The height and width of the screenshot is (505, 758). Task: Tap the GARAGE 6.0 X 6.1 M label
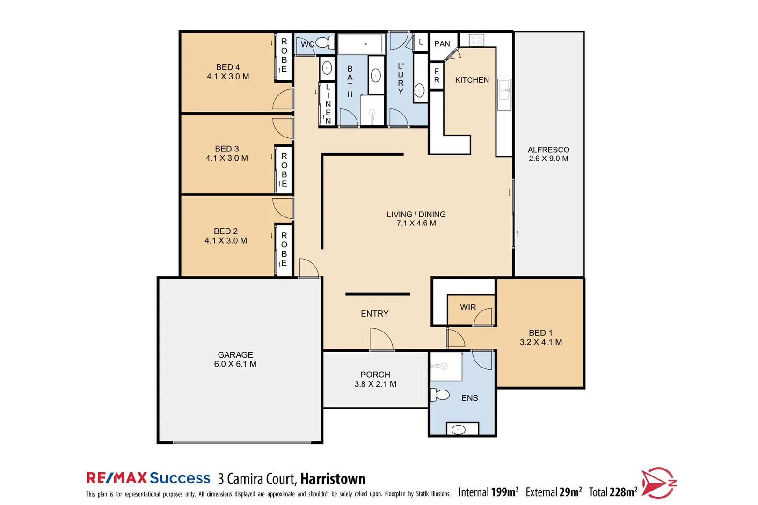(235, 359)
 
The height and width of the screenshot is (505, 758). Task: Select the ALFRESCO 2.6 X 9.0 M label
(548, 154)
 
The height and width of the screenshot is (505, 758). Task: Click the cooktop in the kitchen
(476, 40)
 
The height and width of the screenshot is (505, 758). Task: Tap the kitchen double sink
(504, 90)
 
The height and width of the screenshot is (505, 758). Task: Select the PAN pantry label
(442, 44)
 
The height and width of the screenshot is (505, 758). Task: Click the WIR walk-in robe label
(468, 307)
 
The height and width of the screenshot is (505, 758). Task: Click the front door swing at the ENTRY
(380, 339)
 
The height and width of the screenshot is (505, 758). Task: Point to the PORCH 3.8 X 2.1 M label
(375, 379)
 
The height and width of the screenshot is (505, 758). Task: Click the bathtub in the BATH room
(361, 44)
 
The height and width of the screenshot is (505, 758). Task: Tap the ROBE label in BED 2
(284, 249)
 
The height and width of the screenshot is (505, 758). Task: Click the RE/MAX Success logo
(148, 478)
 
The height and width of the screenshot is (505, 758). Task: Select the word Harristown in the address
(333, 479)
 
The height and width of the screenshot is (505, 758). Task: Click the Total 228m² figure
(613, 492)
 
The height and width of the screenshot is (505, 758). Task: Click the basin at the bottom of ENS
(459, 429)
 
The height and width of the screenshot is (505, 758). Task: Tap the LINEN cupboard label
(328, 104)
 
